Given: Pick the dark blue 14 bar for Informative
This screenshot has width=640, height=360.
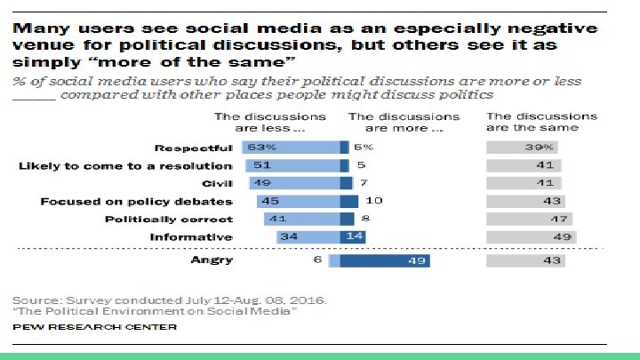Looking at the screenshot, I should tap(353, 236).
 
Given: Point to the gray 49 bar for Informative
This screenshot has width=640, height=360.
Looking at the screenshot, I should tap(531, 236).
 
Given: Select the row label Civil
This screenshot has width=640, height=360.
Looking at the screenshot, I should tap(214, 183).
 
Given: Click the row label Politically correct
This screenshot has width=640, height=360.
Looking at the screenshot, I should tap(169, 219).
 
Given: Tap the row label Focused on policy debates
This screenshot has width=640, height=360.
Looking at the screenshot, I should tap(136, 201).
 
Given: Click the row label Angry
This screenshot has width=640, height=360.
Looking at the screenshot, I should tap(212, 260).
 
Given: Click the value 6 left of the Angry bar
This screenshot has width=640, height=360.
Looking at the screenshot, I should tap(315, 260).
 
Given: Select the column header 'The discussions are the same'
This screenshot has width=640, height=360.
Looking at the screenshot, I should tap(541, 121).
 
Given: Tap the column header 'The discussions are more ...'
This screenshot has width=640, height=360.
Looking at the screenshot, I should tap(404, 121).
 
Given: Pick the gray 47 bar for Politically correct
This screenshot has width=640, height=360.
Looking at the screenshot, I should tap(529, 219).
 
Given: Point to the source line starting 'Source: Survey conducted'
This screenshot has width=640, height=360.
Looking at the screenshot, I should tap(169, 299).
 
